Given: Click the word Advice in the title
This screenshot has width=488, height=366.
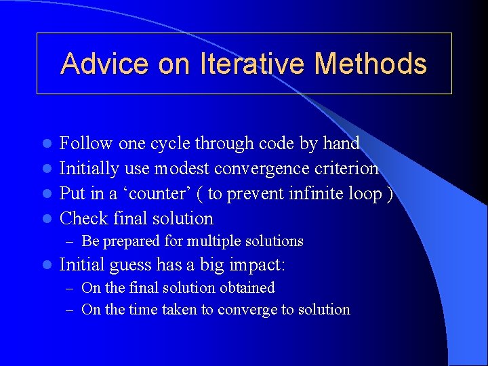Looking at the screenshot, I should [105, 64].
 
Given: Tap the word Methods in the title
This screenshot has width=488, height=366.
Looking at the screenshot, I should [371, 64].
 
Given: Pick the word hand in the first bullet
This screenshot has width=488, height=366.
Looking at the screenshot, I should [341, 143].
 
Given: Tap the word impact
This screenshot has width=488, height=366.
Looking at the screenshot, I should [251, 265].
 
